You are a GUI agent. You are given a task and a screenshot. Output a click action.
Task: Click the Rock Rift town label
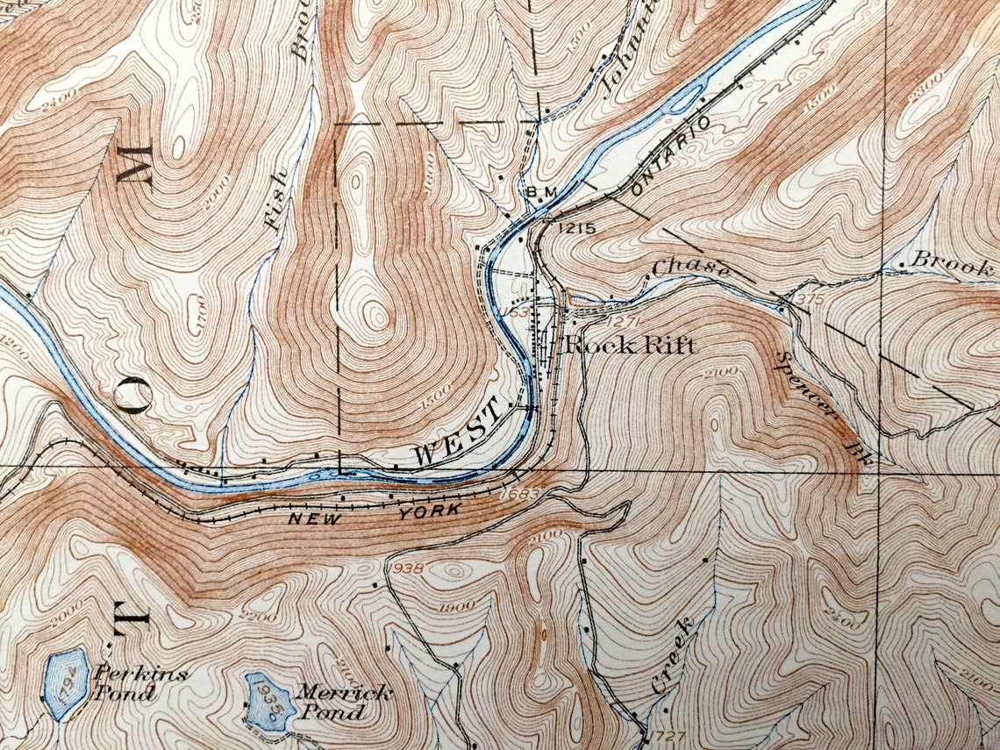pyautogui.click(x=630, y=344)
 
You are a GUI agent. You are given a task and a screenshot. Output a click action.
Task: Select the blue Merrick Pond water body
pyautogui.click(x=266, y=702)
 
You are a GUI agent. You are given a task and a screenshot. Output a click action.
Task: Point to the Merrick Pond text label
pyautogui.click(x=341, y=701)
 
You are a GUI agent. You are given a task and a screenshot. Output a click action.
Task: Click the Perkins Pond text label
pyautogui.click(x=129, y=683)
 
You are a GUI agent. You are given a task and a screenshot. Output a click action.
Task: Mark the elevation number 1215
pyautogui.click(x=575, y=228)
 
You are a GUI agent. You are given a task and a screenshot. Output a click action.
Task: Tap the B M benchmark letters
pyautogui.click(x=537, y=192)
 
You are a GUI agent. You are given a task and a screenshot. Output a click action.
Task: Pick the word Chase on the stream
pyautogui.click(x=691, y=268)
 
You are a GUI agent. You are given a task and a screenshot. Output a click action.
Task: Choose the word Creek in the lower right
pyautogui.click(x=674, y=656)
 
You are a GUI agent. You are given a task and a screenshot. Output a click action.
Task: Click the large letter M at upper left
pyautogui.click(x=134, y=164)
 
